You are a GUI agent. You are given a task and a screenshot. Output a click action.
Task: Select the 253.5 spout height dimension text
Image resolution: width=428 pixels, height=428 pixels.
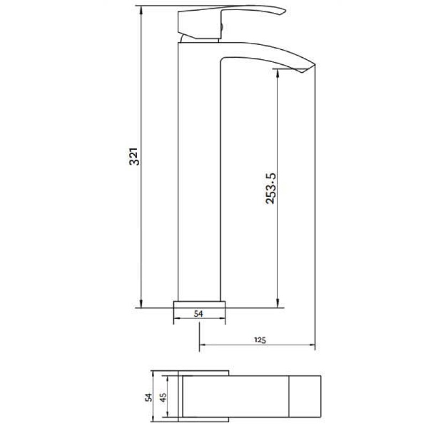pos(271,189)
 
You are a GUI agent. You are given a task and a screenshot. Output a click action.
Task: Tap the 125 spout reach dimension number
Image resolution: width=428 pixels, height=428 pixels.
pos(260,339)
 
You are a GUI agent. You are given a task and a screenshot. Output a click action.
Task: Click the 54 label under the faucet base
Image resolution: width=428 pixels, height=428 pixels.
pos(198,314)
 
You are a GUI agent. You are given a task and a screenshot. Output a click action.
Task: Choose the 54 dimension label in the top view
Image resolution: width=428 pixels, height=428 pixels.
pos(148,396)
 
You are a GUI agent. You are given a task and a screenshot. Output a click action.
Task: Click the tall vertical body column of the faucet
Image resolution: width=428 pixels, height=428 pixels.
pos(199,177)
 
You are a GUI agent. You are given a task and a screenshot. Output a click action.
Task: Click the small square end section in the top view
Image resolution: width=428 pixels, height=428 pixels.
pos(305,396)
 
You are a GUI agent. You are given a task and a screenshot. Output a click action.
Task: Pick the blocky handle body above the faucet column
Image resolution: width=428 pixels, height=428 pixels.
pos(199,25)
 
